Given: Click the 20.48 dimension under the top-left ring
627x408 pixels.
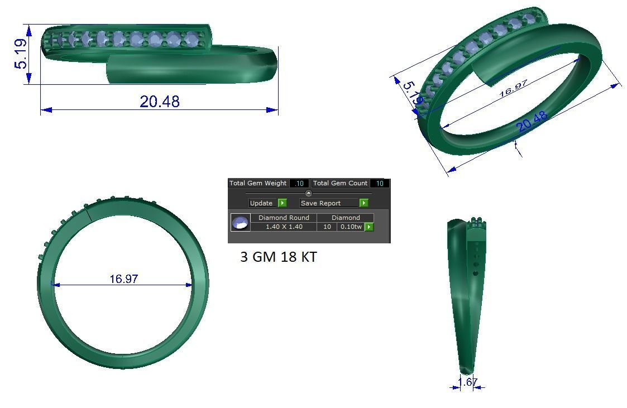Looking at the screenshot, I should coord(160,101).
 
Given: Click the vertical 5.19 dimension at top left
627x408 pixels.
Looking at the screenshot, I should coord(21,54).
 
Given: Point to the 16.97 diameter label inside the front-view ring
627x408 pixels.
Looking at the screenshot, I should coord(124,279).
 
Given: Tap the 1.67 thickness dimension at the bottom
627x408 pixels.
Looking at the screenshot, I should coord(468,382).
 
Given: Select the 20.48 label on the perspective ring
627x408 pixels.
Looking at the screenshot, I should coord(532,122).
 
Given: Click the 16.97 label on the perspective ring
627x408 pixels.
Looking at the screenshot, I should coord(513,88).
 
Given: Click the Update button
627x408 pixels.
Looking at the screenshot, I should coord(261,203).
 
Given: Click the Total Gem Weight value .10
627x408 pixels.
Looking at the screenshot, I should coord(299,183).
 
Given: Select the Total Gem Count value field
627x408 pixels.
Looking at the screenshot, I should coord(380,183).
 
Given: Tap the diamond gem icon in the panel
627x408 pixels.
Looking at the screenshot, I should coord(240,223).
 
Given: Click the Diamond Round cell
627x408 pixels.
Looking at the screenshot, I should coord(284,218).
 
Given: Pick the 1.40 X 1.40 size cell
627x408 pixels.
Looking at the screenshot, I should coord(284,227).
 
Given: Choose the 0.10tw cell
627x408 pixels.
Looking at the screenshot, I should coord(351,227).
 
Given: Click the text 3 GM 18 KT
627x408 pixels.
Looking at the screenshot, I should coord(279,257).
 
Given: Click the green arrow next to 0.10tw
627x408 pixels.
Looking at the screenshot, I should coord(369,227).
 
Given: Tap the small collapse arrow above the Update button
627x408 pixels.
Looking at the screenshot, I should coord(309,193).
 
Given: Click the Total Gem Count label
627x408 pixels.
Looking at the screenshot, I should coord(339,183).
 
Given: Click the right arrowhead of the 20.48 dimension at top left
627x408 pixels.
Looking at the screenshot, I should coord(273,110).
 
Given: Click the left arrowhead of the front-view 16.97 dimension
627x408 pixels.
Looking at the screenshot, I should coord(55,285).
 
